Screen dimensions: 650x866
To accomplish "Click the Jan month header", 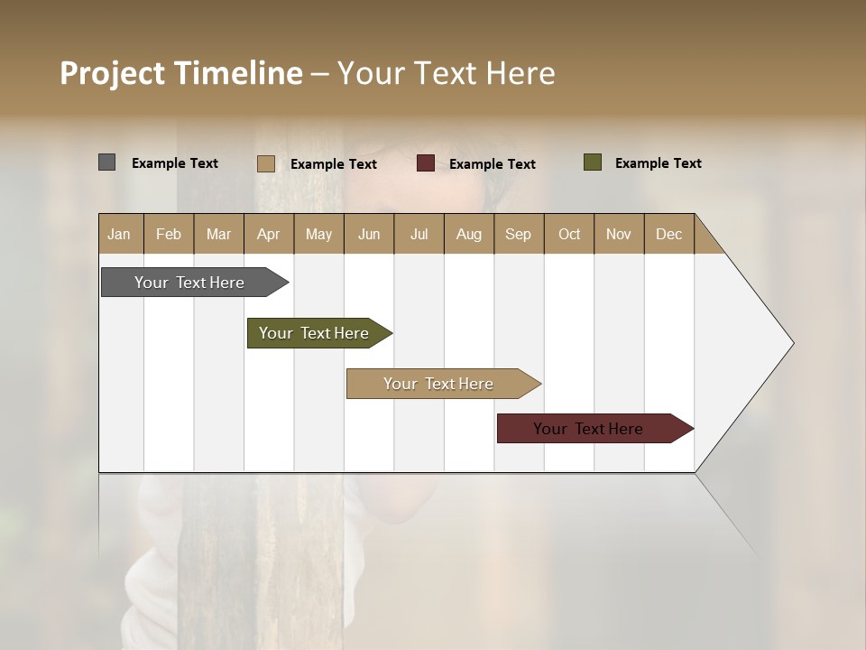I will [x=120, y=234].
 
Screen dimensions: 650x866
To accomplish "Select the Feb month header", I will [x=169, y=234].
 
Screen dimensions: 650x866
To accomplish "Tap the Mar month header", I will [x=218, y=234].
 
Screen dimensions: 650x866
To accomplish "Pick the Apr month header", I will [x=269, y=234].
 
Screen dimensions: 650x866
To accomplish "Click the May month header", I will [x=318, y=234].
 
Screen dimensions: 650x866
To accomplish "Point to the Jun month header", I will [x=369, y=234].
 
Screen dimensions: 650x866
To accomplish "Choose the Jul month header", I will [x=419, y=234].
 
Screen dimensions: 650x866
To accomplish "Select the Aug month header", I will [x=469, y=234].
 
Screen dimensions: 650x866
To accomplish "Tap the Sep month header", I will [x=519, y=234].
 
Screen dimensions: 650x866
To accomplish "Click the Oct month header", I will [x=569, y=234].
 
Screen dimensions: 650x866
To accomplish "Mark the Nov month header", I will [x=619, y=234].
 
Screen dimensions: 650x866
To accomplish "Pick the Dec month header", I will [x=669, y=234].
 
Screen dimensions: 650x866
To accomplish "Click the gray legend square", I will [x=107, y=162].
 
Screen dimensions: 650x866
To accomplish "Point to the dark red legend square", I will [x=426, y=163].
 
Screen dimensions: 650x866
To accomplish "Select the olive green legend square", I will [x=593, y=162].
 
